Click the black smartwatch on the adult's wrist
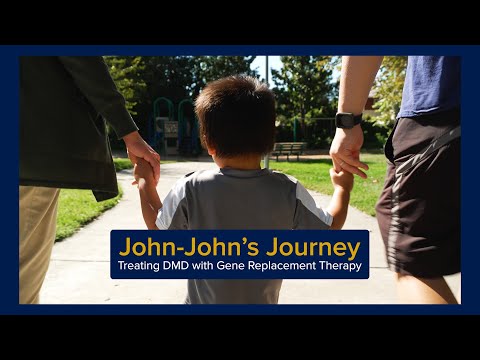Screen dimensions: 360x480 [x=348, y=120]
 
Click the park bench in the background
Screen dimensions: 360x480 [x=290, y=150]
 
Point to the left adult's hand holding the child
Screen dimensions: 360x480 [x=143, y=160]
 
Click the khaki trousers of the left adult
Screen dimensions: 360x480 [x=37, y=240]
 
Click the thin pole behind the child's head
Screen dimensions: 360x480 [x=266, y=75]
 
